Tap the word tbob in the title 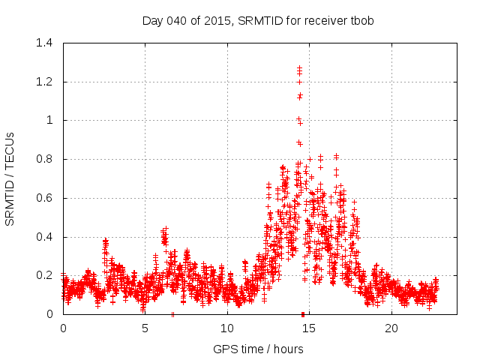click(361, 20)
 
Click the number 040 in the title click(177, 20)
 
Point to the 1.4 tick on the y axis click(44, 43)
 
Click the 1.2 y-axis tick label click(44, 82)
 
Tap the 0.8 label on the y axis click(44, 159)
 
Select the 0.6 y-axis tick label click(44, 198)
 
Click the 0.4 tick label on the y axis click(44, 237)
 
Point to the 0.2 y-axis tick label click(44, 275)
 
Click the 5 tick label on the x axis click(145, 328)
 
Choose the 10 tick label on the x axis click(227, 328)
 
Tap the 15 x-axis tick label click(310, 328)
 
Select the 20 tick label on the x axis click(391, 328)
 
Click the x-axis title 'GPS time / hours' click(258, 349)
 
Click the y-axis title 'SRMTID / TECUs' click(10, 178)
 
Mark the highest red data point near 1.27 click(299, 68)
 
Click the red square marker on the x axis click(302, 313)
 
